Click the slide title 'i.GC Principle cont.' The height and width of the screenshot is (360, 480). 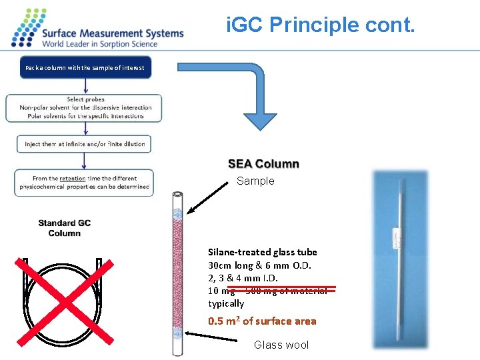click(321, 27)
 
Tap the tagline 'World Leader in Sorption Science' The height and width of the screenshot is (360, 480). click(100, 44)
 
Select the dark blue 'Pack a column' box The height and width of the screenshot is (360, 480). click(85, 68)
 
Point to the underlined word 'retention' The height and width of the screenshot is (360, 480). click(72, 179)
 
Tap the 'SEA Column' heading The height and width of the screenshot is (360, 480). click(263, 164)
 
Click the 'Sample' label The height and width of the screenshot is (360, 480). click(255, 181)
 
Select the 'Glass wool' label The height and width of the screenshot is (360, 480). click(281, 345)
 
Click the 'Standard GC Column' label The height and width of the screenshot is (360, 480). click(64, 228)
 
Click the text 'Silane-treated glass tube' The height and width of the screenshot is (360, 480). click(262, 252)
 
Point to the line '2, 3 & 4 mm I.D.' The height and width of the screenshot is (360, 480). click(243, 278)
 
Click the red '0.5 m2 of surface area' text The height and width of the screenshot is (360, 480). click(262, 321)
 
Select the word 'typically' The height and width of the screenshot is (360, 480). click(226, 303)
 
